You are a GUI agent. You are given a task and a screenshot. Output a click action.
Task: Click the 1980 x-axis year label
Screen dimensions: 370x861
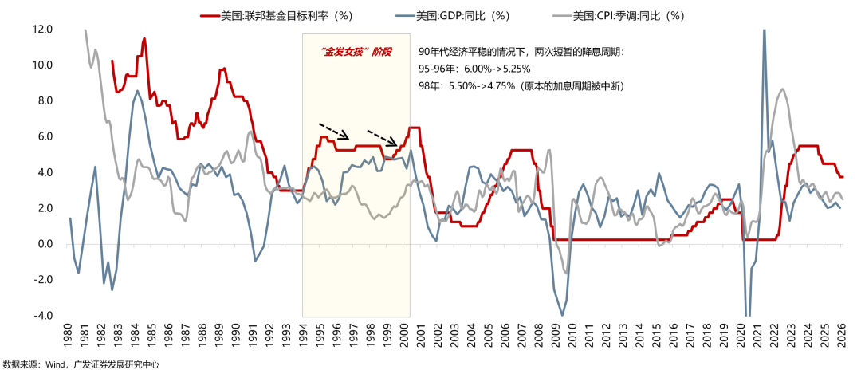(70, 340)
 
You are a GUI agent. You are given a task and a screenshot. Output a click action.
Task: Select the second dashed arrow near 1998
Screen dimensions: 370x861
(383, 136)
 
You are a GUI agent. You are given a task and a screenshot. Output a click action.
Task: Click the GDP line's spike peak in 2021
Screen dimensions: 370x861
(764, 30)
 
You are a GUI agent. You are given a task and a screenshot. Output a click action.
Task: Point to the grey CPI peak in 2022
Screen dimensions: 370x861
(783, 89)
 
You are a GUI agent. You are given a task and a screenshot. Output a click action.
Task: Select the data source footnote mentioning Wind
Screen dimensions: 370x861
(81, 364)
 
